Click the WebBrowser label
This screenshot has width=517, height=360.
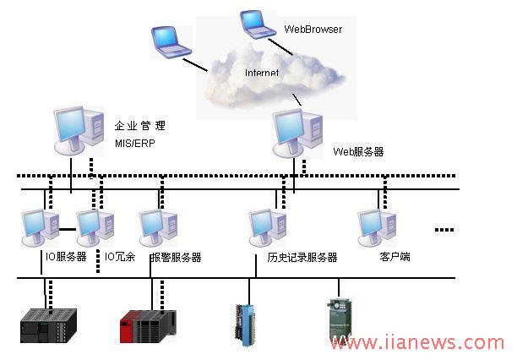coord(313,30)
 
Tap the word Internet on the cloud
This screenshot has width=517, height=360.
coord(262,74)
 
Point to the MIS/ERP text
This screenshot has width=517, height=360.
coord(135,143)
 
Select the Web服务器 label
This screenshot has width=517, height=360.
coord(358,152)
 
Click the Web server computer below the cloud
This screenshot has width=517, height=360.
coord(297,134)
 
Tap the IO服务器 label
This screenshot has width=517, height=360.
coord(66,257)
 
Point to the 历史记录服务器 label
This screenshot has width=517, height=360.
coord(297,257)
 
